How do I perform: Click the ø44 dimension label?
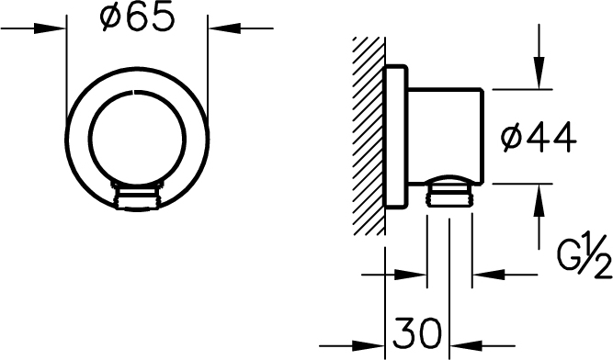(x=539, y=137)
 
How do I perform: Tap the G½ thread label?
(x=585, y=256)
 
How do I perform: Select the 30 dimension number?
(x=417, y=333)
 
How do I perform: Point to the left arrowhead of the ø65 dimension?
(x=50, y=28)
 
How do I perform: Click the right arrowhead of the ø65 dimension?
(x=224, y=28)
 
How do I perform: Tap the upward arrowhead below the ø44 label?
(x=539, y=199)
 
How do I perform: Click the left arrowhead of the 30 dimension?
(x=369, y=345)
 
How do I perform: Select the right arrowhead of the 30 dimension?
(x=466, y=345)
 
